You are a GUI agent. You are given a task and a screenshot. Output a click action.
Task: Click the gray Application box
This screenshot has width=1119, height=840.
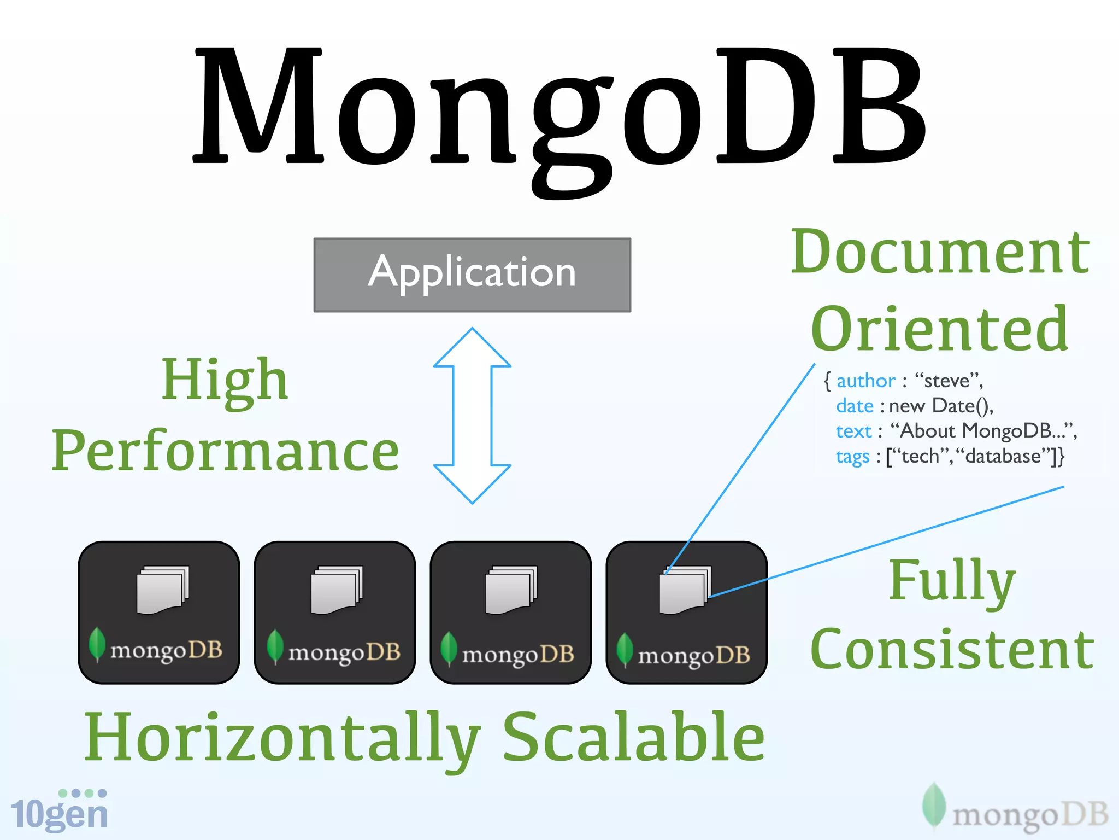point(472,275)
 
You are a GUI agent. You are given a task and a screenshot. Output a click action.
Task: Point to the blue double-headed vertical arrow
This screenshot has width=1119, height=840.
point(472,416)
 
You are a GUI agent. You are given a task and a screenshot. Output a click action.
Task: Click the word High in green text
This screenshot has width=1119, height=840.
point(225,380)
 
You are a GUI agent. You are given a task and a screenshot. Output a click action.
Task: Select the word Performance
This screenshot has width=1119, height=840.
point(225,451)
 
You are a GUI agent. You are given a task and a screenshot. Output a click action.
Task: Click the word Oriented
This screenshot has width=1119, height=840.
point(939,330)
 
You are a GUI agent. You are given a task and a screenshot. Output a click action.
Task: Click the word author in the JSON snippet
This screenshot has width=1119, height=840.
point(865,381)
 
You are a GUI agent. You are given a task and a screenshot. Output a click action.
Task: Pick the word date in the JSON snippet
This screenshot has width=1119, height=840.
point(855,406)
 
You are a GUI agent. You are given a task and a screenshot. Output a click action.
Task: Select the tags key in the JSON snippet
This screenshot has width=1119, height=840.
point(852,456)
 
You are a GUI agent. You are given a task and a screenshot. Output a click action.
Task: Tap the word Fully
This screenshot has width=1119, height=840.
point(952,581)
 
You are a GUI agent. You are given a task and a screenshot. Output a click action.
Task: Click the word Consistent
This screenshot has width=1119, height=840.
point(952,650)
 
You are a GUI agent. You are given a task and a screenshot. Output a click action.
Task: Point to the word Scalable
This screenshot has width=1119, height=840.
point(634,738)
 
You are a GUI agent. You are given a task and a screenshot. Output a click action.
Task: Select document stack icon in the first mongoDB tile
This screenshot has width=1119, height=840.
point(162,590)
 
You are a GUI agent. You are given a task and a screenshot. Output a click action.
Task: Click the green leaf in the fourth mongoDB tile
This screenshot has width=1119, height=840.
point(624,649)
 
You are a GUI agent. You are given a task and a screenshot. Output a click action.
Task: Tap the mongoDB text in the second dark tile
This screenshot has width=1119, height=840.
point(344,652)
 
